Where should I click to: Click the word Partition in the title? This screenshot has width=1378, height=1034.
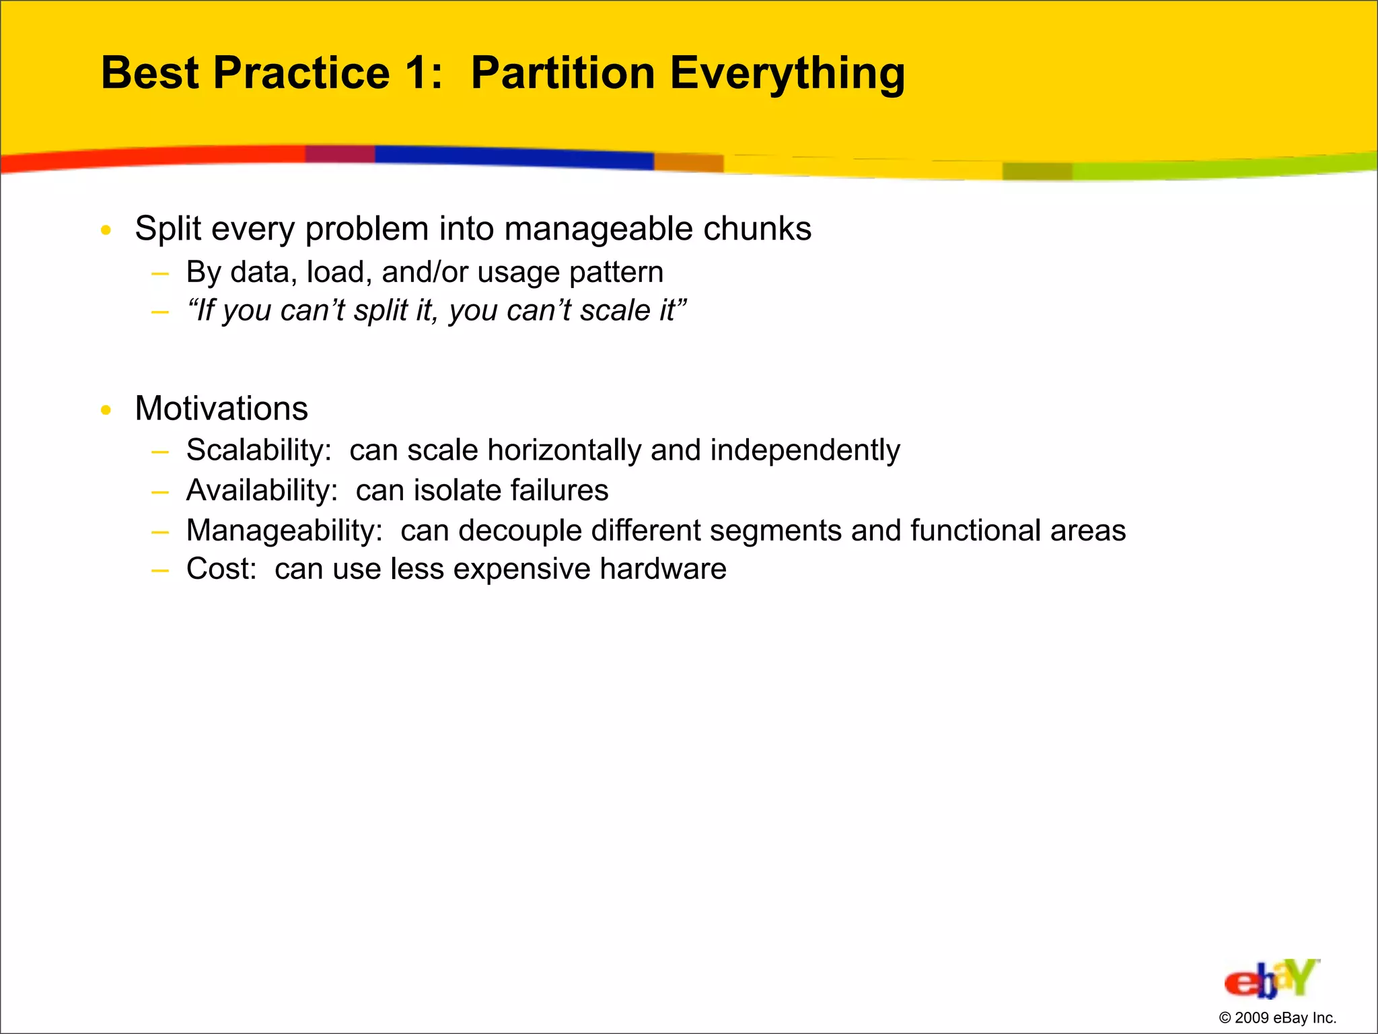pos(563,73)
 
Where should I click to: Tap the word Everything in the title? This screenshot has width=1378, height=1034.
pos(787,74)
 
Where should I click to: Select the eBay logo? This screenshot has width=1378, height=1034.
pos(1271,979)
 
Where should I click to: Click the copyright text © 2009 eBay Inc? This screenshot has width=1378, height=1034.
pos(1277,1018)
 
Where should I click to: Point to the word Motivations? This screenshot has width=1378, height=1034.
pos(221,409)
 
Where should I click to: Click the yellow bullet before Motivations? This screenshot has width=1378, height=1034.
pos(106,409)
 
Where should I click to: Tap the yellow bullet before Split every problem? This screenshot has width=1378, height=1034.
pos(106,230)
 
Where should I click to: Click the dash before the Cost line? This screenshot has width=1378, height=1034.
pos(159,570)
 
